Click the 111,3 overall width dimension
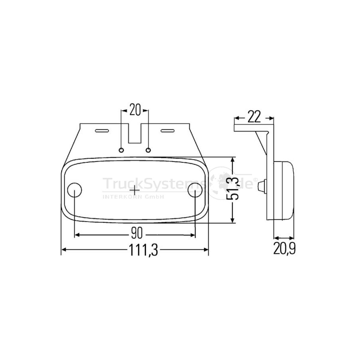pos(144,250)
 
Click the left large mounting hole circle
pos(74,190)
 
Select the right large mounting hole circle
pos(195,190)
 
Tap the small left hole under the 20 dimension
pos(121,150)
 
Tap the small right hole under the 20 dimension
pos(148,150)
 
